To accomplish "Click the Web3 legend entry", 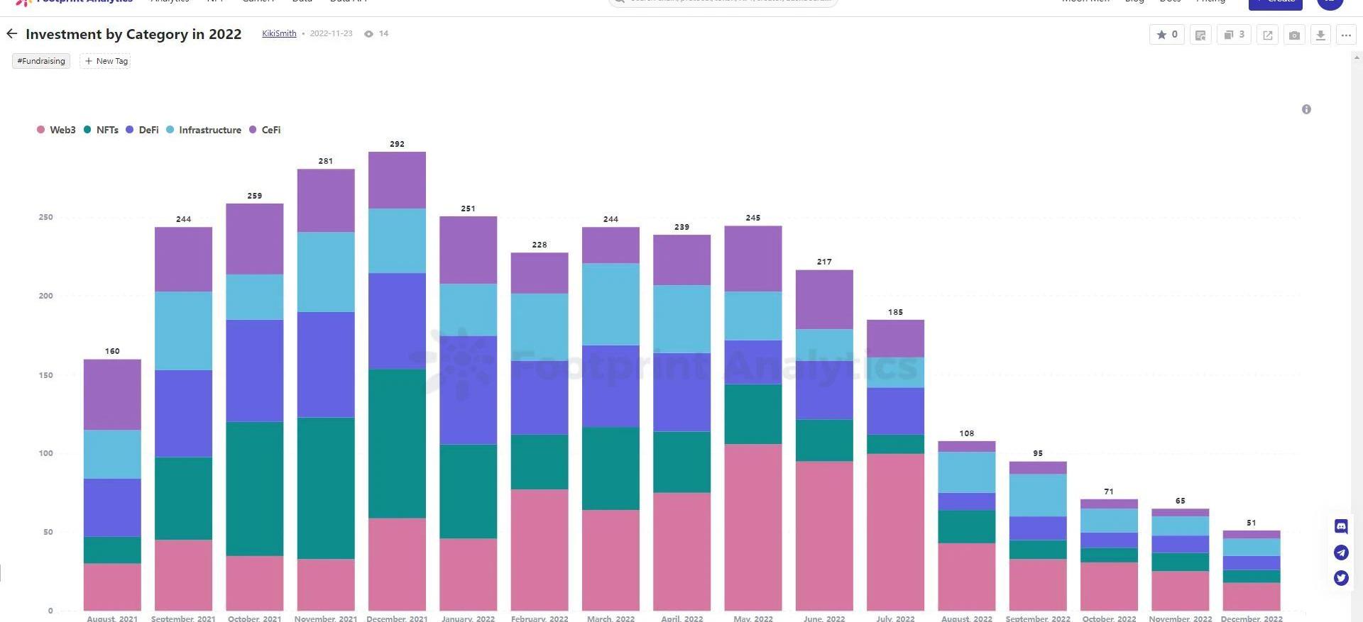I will [57, 130].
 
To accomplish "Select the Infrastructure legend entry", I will [204, 130].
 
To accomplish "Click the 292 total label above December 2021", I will [397, 144].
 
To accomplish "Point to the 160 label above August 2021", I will [112, 351].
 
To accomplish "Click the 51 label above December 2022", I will [1252, 523].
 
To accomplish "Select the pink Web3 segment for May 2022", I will [753, 526].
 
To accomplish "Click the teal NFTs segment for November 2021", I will [326, 487].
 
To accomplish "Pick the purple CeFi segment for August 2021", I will [112, 394].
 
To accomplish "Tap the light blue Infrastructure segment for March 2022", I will [611, 304].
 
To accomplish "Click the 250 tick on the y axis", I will [46, 217].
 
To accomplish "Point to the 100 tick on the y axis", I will [46, 453].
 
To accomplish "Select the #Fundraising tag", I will [41, 61].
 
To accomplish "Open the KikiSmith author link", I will [279, 33].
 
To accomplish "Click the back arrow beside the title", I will [12, 33].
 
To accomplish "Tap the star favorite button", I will [1166, 35].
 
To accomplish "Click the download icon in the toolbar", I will [1320, 35].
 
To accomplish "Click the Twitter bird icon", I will [1341, 578].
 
